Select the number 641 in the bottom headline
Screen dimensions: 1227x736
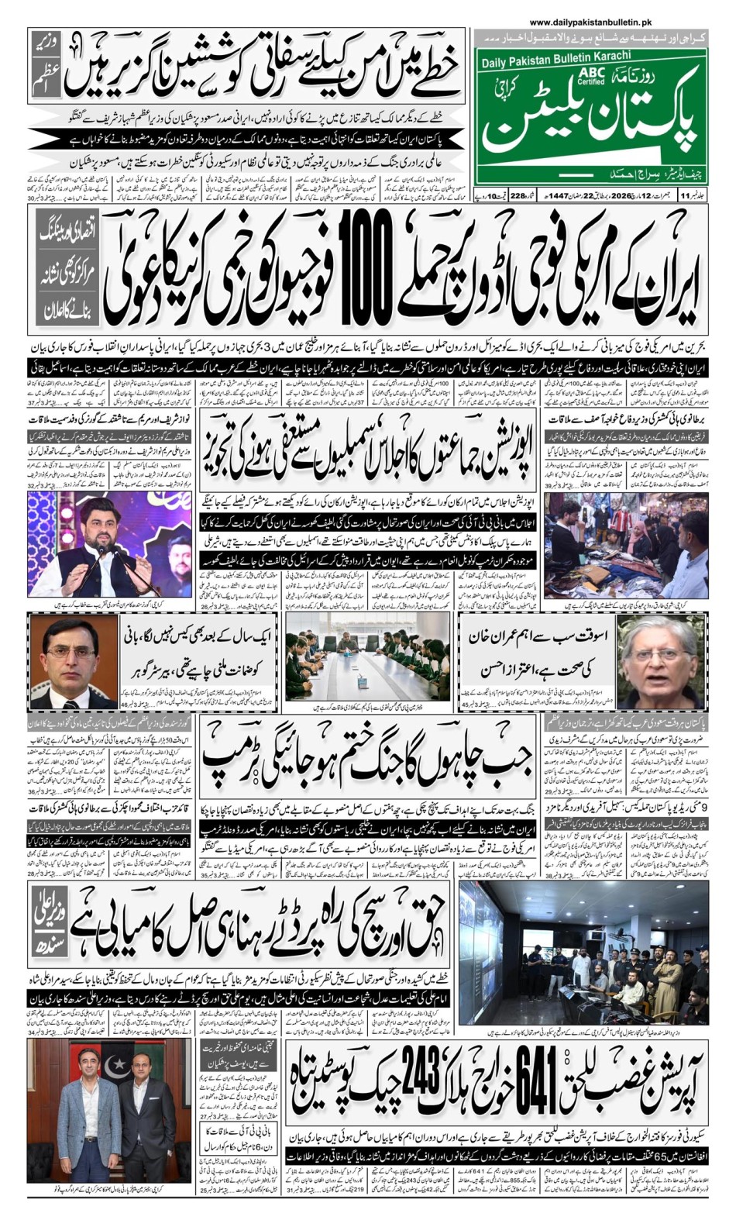(x=531, y=1079)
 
